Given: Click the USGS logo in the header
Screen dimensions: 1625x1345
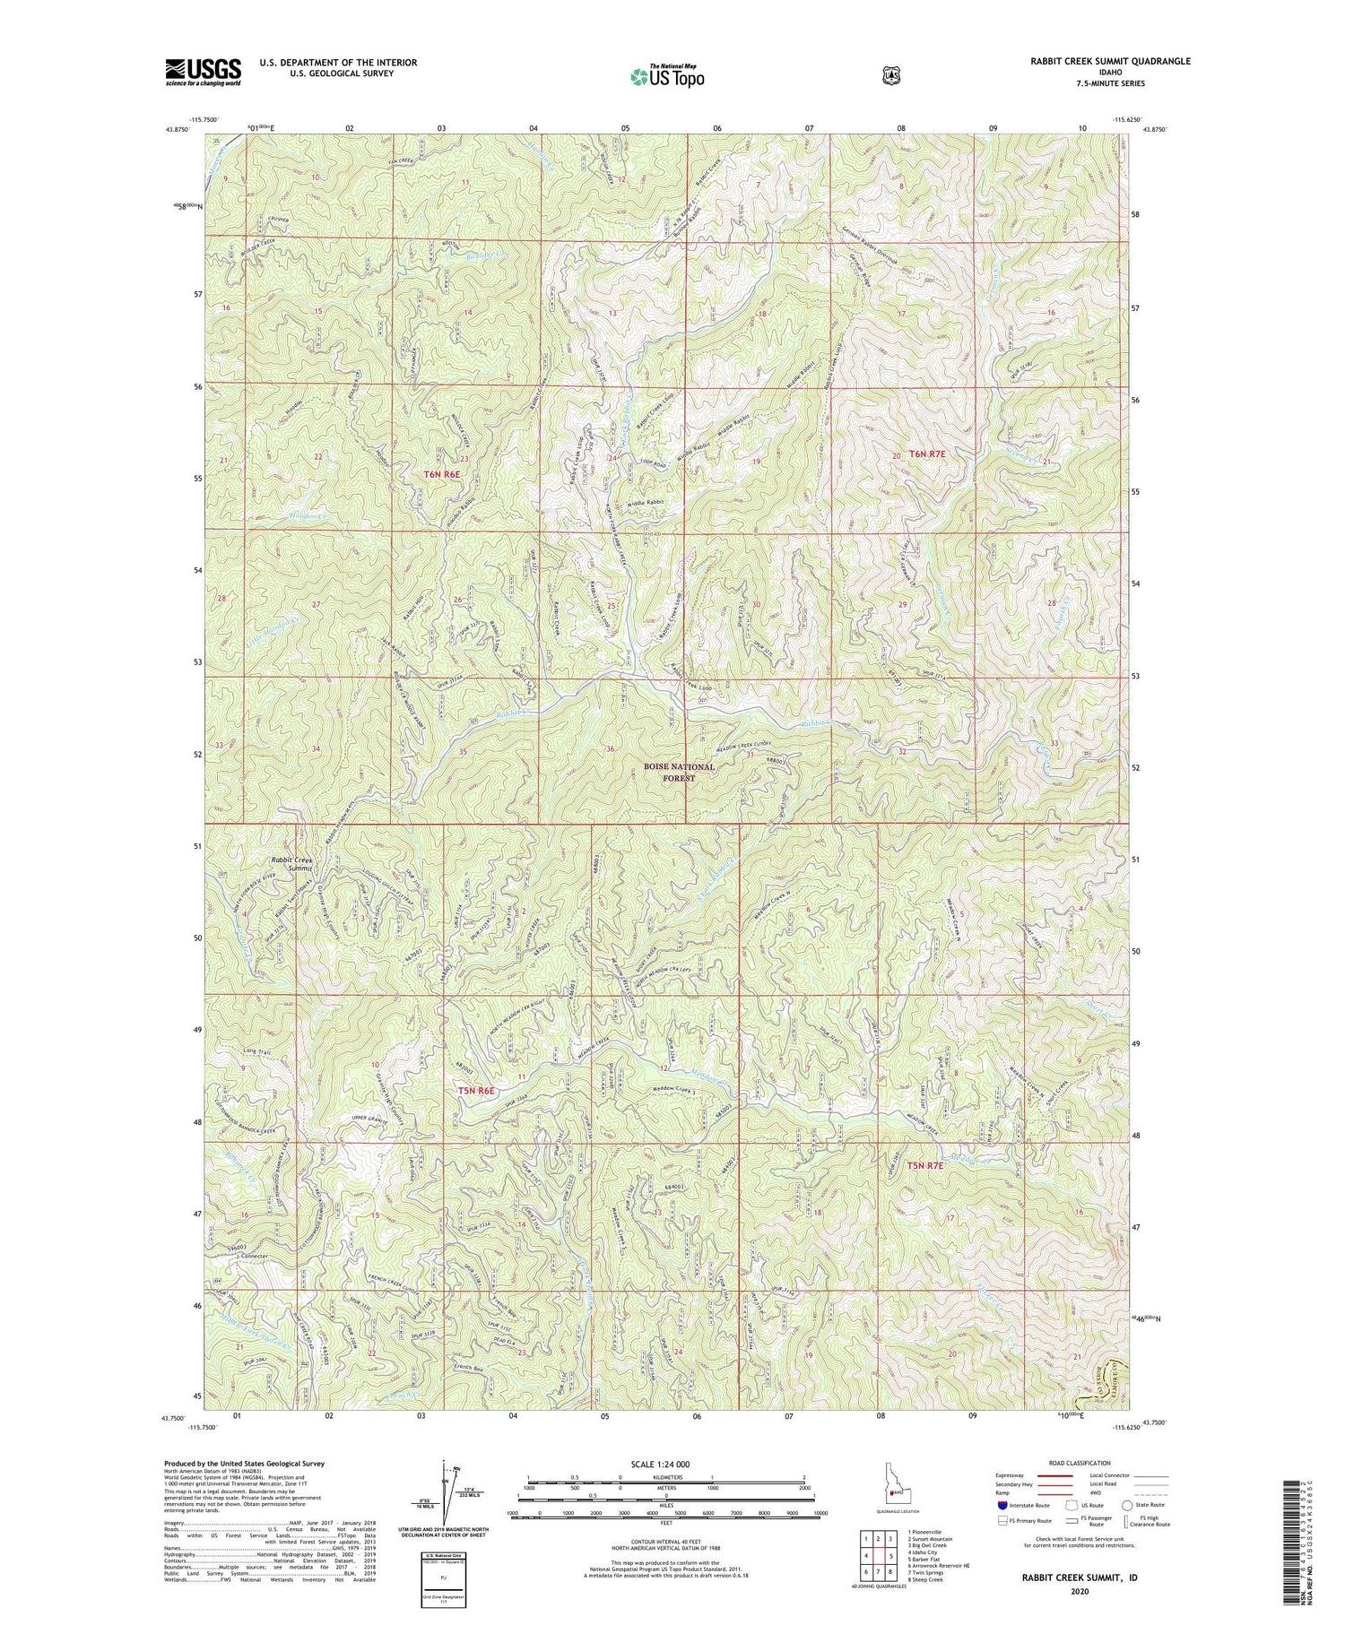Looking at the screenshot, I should pos(203,72).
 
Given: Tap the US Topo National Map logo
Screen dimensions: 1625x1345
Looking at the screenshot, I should pos(667,76).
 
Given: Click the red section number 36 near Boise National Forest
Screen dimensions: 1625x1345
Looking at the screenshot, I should pos(611,749).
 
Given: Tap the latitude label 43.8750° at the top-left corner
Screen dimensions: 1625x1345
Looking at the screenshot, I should pos(178,129).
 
